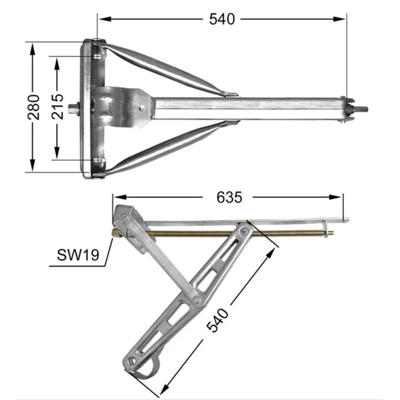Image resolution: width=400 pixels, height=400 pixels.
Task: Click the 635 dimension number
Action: pos(229,197)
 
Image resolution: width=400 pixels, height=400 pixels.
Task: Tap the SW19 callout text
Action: pos(78,255)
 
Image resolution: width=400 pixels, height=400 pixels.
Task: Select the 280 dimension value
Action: pos(34,107)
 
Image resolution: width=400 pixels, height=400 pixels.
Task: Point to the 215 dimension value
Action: pos(57,106)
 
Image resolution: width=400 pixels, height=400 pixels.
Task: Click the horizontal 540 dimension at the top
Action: pos(221,19)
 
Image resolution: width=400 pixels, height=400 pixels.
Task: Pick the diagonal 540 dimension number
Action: pos(217,320)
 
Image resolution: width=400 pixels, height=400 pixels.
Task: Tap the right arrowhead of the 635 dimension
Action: pos(335,197)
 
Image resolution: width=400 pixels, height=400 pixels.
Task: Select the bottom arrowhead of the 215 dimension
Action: pos(57,152)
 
